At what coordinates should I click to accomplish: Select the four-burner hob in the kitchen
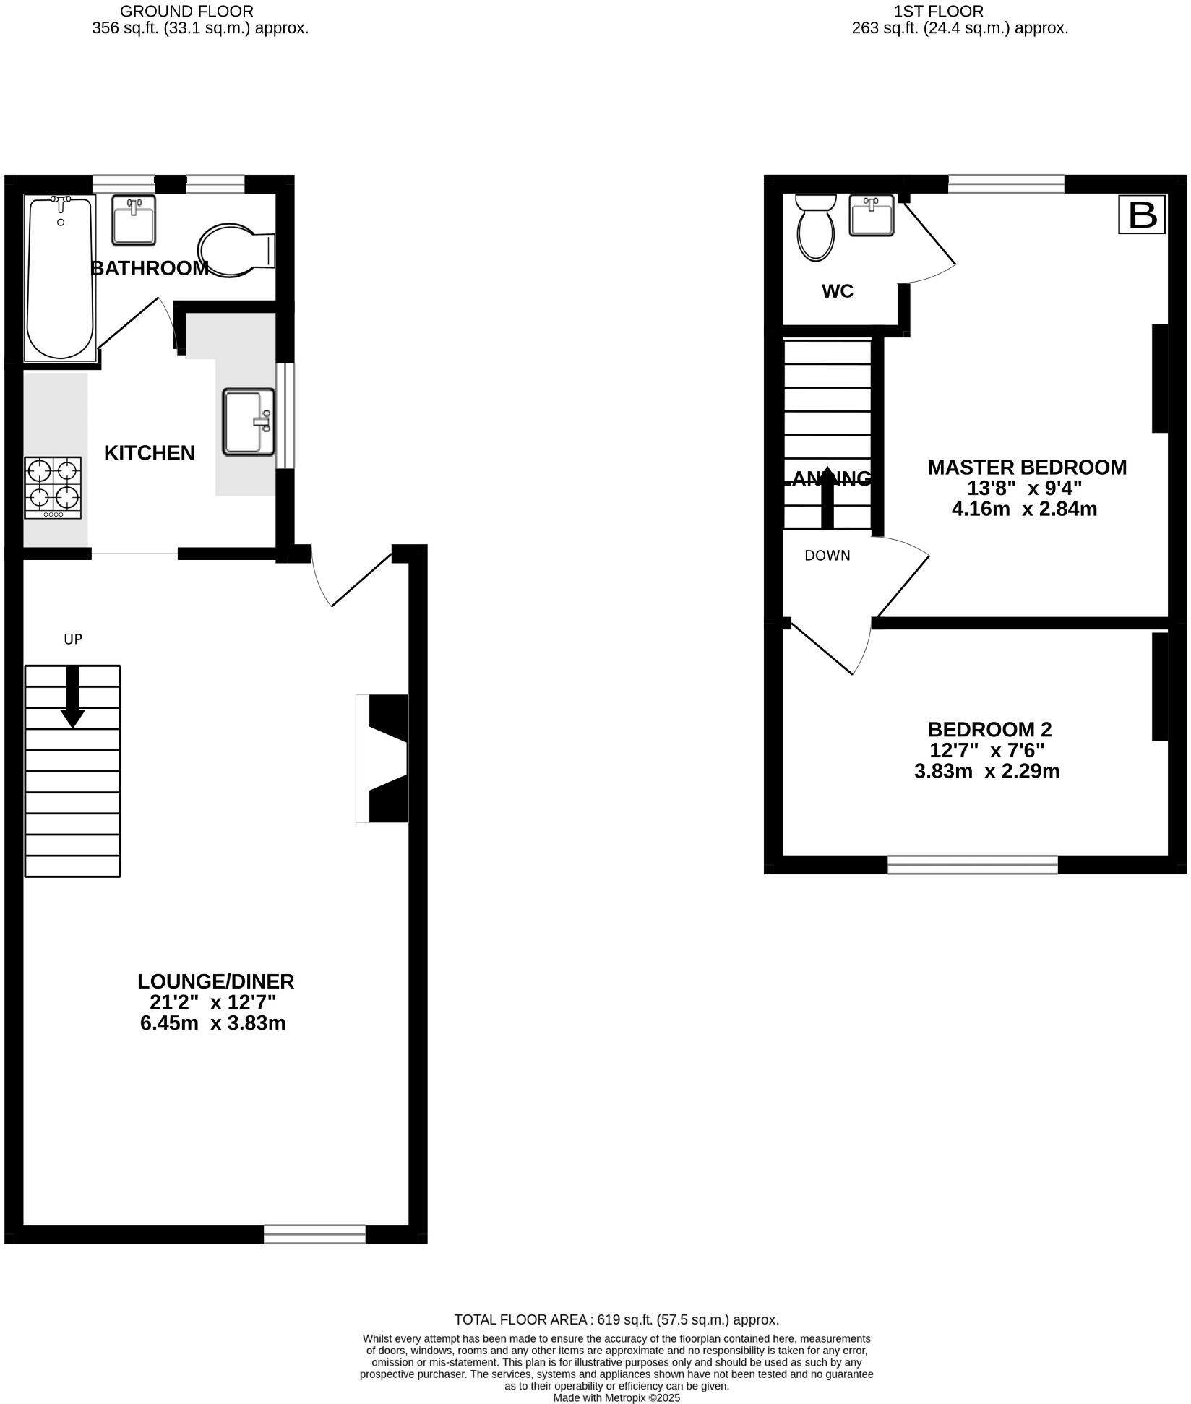click(53, 488)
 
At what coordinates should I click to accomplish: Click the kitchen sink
click(249, 422)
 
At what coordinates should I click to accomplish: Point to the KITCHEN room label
click(150, 453)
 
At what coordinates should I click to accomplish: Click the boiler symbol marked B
click(1142, 215)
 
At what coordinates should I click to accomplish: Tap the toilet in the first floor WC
click(815, 226)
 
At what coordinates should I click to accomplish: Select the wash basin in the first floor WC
click(871, 215)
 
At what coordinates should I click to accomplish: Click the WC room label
click(838, 291)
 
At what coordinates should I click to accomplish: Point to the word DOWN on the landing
click(827, 556)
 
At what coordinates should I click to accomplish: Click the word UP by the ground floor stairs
click(73, 639)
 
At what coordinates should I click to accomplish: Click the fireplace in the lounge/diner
click(384, 758)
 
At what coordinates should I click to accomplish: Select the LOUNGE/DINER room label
click(216, 981)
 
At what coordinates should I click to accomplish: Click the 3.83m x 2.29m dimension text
click(986, 772)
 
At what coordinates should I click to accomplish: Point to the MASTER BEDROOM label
click(1027, 468)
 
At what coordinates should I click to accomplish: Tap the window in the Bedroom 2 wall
click(972, 865)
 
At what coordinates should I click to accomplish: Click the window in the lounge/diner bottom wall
click(315, 1234)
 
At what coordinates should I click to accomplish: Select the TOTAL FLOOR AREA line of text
click(616, 1319)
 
